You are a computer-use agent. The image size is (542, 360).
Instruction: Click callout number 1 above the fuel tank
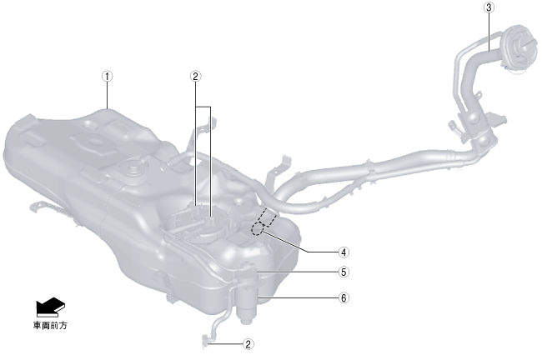click(x=108, y=77)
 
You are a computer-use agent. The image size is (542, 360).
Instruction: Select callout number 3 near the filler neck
click(x=489, y=7)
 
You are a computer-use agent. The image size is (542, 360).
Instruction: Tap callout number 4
click(x=344, y=252)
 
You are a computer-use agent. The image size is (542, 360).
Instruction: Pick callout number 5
click(x=344, y=272)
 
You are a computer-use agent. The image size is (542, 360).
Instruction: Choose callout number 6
click(x=344, y=297)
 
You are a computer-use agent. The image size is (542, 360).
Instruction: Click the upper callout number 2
click(x=196, y=77)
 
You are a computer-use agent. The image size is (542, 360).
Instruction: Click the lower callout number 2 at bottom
click(x=248, y=344)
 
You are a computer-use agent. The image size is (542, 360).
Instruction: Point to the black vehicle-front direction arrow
click(x=51, y=307)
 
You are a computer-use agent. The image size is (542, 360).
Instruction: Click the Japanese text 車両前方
click(x=51, y=326)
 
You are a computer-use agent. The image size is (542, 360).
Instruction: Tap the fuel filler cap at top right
click(x=519, y=49)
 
